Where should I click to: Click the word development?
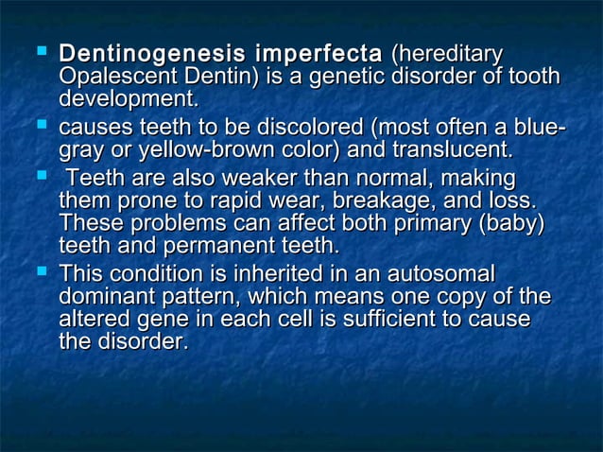click(129, 99)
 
